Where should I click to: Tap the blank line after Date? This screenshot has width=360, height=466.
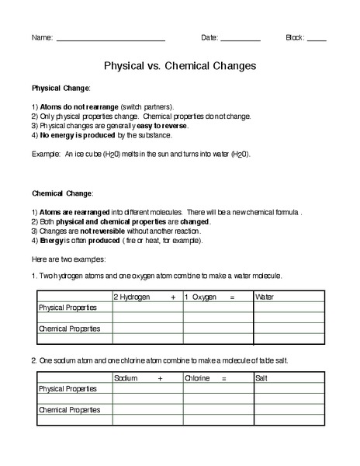coord(241,39)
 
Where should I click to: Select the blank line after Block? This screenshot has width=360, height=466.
coord(317,39)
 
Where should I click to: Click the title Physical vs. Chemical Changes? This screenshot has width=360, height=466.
coord(180,66)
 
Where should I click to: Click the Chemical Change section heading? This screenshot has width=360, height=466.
coord(63,192)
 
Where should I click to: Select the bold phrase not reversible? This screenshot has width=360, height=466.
coord(92,231)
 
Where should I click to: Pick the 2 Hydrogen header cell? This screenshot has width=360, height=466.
coord(132,297)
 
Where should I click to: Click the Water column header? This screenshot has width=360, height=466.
coord(265,297)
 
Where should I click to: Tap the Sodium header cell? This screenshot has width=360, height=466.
coord(126,377)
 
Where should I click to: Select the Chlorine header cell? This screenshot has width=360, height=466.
coord(197,377)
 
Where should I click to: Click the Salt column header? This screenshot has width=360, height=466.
coord(261,377)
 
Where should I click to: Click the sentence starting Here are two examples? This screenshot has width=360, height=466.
coord(69,259)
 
